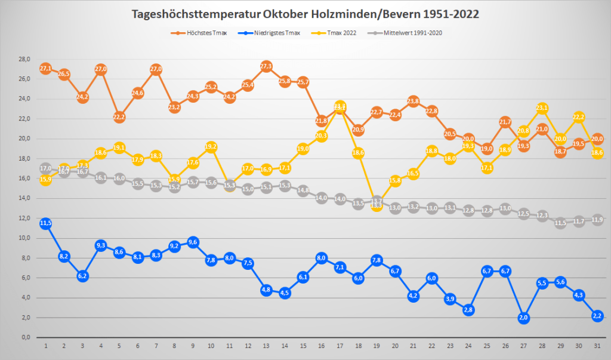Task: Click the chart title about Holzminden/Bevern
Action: tap(305, 14)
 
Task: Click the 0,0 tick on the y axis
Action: tap(26, 337)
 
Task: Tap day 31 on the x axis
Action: tap(597, 346)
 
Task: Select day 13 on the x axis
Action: tap(266, 346)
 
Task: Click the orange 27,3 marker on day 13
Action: tap(266, 66)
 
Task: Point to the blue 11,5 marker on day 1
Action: tap(45, 223)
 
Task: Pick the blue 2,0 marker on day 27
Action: tap(524, 318)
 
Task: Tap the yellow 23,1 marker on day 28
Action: tap(542, 108)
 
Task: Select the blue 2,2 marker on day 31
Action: tap(597, 316)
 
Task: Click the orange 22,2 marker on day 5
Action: tap(119, 117)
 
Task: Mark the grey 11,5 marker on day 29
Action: tap(560, 223)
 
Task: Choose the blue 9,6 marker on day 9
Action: tap(193, 242)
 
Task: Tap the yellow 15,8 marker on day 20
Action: tap(395, 180)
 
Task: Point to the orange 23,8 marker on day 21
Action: tap(413, 101)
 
